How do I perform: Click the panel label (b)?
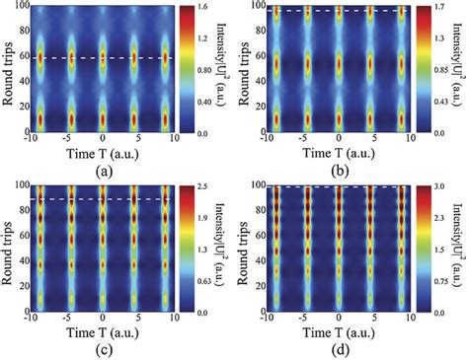tap(338, 168)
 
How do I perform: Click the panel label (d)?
tap(338, 351)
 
